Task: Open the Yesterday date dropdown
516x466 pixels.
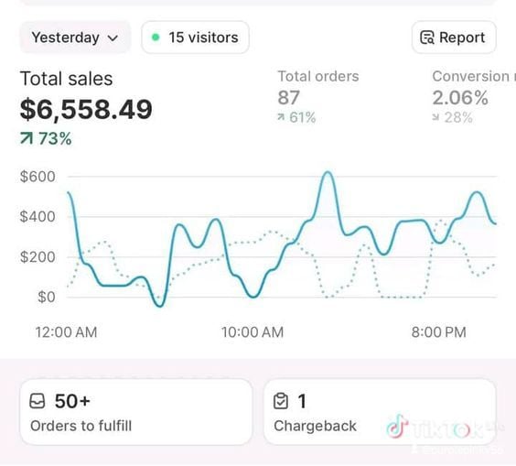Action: click(x=75, y=38)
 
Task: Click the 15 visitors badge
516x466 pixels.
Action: click(x=195, y=38)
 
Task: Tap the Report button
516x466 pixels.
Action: click(x=454, y=38)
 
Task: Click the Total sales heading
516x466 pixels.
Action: click(x=66, y=79)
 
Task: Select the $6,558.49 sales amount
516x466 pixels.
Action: click(x=86, y=110)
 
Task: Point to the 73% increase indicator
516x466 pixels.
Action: click(x=46, y=139)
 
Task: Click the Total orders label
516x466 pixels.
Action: click(x=317, y=77)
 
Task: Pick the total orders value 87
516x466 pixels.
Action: click(x=289, y=98)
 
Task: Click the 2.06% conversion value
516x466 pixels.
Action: click(x=459, y=98)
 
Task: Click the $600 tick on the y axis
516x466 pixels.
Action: click(x=38, y=177)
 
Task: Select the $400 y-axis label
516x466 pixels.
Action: click(x=38, y=217)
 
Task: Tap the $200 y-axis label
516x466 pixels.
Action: click(x=38, y=257)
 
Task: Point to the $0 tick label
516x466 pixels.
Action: click(x=45, y=297)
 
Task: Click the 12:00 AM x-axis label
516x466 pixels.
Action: click(x=66, y=331)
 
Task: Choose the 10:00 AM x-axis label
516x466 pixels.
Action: click(x=253, y=331)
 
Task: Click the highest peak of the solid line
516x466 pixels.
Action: click(x=327, y=172)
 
